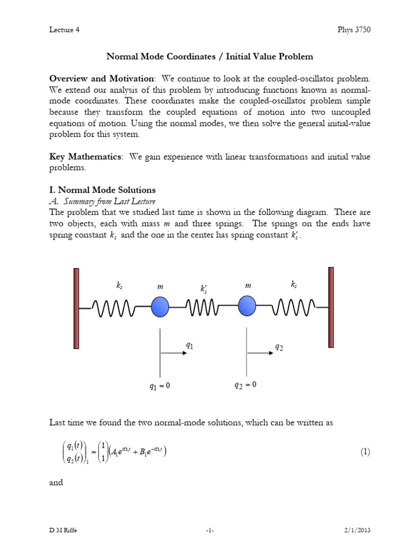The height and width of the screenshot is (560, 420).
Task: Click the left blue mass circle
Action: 160,306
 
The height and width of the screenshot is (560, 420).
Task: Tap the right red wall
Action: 331,307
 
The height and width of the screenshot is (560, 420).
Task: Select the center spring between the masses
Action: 203,307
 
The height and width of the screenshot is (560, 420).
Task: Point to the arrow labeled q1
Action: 174,353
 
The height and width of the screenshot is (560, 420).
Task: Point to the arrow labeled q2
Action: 261,353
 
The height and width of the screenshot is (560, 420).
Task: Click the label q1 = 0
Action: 160,386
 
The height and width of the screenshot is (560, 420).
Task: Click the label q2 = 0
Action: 245,385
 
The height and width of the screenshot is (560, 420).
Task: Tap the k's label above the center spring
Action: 203,288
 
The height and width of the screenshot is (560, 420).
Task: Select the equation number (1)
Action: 365,452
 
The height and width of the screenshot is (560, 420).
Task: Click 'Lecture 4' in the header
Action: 65,30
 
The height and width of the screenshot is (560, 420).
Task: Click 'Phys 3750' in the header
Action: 354,30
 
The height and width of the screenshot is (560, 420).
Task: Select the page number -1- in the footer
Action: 210,530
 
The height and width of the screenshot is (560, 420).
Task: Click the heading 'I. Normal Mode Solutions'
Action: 102,190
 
